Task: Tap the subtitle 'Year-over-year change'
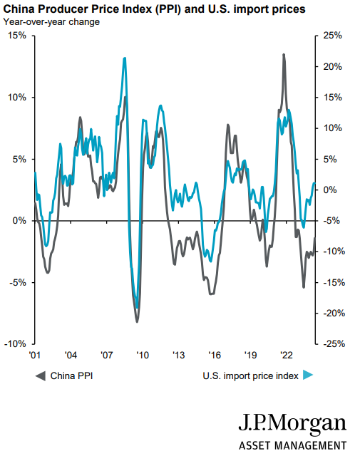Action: pyautogui.click(x=51, y=21)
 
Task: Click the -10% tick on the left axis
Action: pyautogui.click(x=16, y=343)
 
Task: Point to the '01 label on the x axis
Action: pyautogui.click(x=34, y=355)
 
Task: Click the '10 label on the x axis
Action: pyautogui.click(x=142, y=355)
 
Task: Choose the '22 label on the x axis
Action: pyautogui.click(x=287, y=355)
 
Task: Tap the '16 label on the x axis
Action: pyautogui.click(x=214, y=355)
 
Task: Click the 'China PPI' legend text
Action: pyautogui.click(x=71, y=375)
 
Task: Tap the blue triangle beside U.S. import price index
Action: pyautogui.click(x=308, y=375)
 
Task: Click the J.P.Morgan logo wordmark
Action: pyautogui.click(x=292, y=423)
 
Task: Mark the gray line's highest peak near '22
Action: pyautogui.click(x=284, y=55)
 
